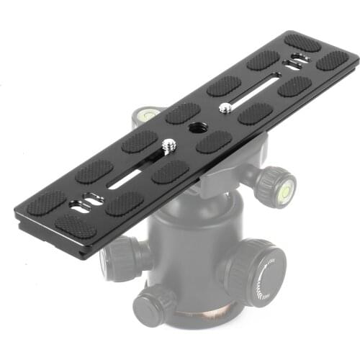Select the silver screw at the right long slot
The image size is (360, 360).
(x=225, y=108)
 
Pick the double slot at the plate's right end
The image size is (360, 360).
(x=296, y=60)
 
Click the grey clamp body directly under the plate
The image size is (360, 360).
(x=216, y=176)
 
